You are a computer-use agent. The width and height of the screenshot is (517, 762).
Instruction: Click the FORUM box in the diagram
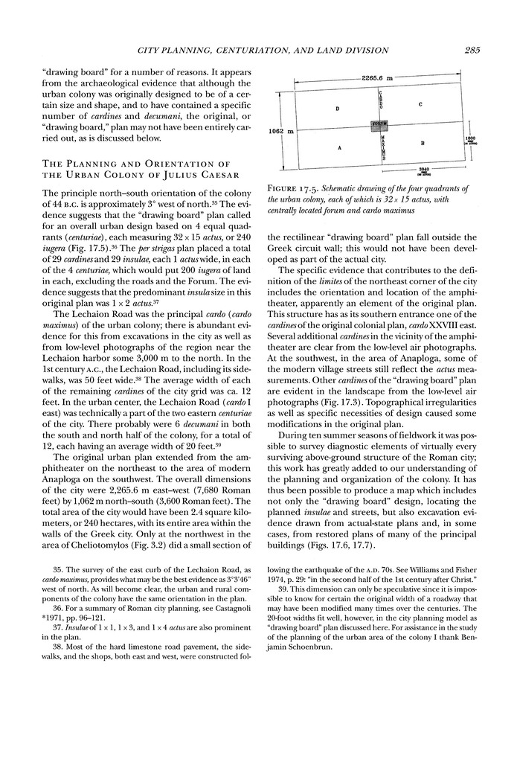coord(379,126)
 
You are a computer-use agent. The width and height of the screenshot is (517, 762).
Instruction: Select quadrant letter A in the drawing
coord(339,148)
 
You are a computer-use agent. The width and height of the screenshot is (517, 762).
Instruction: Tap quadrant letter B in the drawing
coord(422,142)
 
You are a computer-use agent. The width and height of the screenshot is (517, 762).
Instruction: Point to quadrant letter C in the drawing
coord(420,104)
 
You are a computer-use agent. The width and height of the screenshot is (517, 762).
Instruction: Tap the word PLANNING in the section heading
coord(94,164)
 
